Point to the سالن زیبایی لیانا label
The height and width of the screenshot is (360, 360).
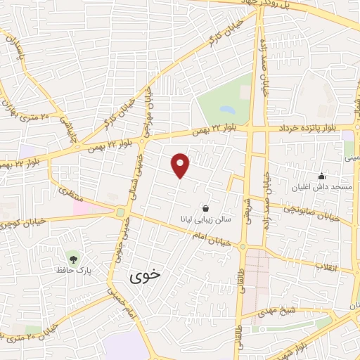[204, 220]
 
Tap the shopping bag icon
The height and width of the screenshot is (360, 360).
[205, 208]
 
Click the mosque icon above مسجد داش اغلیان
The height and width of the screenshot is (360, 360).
[321, 176]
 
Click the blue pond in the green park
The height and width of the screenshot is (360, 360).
[227, 110]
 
